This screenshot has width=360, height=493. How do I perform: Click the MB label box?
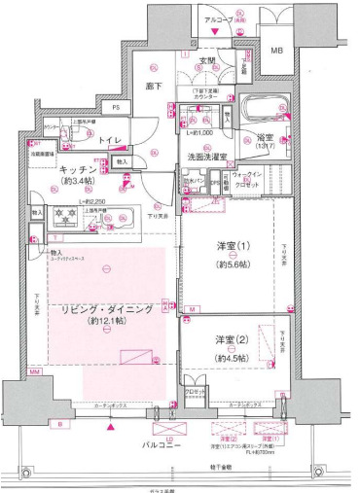point(276,50)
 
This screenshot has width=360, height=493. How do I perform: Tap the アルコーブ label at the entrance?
point(214,18)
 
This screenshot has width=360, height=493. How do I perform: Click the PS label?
point(116,107)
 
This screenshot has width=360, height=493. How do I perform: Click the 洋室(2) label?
point(232,339)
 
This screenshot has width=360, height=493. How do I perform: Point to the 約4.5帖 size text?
point(232,358)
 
